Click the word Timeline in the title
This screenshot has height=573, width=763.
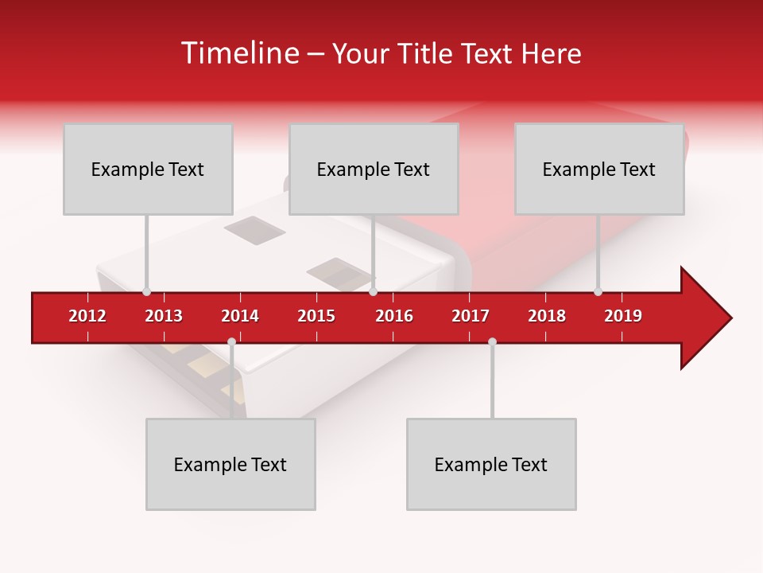point(238,53)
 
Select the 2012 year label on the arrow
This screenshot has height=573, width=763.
point(87,316)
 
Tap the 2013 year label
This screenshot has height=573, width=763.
point(164,316)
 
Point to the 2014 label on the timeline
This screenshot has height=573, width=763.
point(240,316)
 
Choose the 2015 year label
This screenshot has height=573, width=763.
point(316,316)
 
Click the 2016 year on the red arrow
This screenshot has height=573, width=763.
point(394,316)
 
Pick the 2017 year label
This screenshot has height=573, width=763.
point(471,316)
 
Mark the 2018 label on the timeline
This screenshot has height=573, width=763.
point(547,316)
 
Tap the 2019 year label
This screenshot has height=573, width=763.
point(623,316)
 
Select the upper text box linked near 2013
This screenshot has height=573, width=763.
point(148,169)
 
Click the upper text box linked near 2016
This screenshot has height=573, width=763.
point(374,169)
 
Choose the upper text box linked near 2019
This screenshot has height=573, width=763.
point(599,169)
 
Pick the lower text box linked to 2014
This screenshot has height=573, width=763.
point(230,464)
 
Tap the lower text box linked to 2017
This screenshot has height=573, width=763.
point(491,464)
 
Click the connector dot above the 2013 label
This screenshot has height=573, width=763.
point(146,291)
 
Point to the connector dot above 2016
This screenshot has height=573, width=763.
point(373,291)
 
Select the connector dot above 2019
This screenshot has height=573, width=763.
point(598,291)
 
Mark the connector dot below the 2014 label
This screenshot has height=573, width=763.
point(231,341)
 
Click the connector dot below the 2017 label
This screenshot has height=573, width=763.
point(492,341)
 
